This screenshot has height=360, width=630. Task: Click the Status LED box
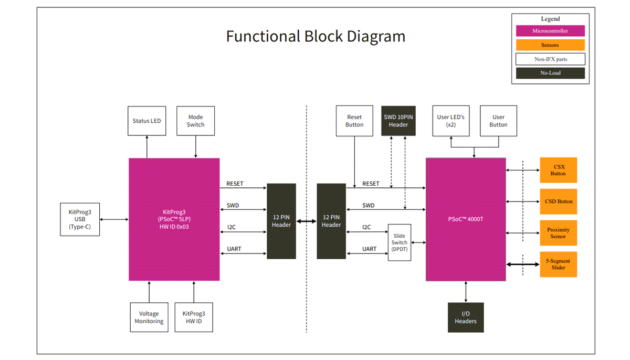click(147, 121)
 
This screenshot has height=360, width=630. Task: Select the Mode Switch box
click(195, 121)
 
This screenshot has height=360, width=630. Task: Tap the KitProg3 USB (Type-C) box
click(80, 219)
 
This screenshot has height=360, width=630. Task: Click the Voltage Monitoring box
click(149, 317)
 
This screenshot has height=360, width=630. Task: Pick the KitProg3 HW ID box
click(194, 317)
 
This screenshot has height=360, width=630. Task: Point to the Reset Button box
click(354, 121)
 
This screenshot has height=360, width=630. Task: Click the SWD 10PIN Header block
click(398, 121)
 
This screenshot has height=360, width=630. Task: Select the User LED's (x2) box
click(450, 121)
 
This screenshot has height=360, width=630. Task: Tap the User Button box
click(498, 121)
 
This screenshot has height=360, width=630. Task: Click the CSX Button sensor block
click(558, 170)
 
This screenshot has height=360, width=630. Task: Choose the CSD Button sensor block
click(558, 202)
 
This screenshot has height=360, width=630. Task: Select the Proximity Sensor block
click(558, 233)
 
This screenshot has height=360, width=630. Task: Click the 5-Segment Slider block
click(558, 264)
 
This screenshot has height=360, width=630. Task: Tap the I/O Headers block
click(466, 317)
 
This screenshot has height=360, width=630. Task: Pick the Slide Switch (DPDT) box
click(400, 242)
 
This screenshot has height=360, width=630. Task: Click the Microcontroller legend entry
click(550, 31)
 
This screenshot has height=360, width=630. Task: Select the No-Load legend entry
click(550, 73)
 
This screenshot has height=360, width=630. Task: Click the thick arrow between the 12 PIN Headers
click(307, 221)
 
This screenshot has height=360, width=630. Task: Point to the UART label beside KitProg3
click(234, 249)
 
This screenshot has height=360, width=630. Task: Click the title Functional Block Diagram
click(316, 36)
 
